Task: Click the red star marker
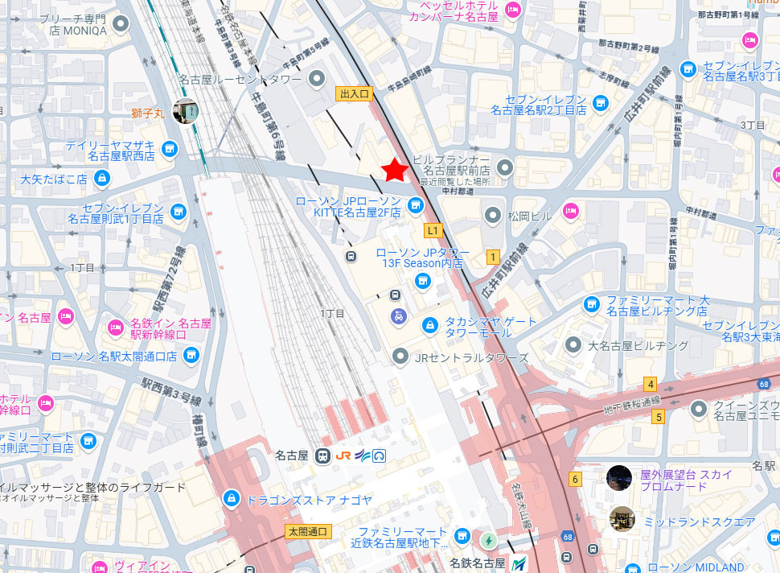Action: [394, 170]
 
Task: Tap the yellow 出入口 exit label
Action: [354, 94]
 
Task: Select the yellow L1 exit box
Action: [433, 231]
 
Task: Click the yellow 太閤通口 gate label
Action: [307, 532]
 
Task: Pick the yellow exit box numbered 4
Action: [650, 384]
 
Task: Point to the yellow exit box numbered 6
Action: [575, 479]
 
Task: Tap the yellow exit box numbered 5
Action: [659, 417]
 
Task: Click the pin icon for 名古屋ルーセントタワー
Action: [318, 79]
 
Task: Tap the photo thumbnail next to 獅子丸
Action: [184, 112]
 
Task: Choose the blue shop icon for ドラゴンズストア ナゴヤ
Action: [232, 500]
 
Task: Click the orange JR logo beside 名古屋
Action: [343, 456]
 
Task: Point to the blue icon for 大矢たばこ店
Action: [102, 178]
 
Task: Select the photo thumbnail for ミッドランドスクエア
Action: [622, 518]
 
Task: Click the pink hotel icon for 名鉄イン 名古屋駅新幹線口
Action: [115, 328]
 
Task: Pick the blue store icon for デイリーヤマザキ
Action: [169, 149]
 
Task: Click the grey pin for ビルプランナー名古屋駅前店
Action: [504, 168]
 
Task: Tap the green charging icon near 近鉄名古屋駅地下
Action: [488, 538]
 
